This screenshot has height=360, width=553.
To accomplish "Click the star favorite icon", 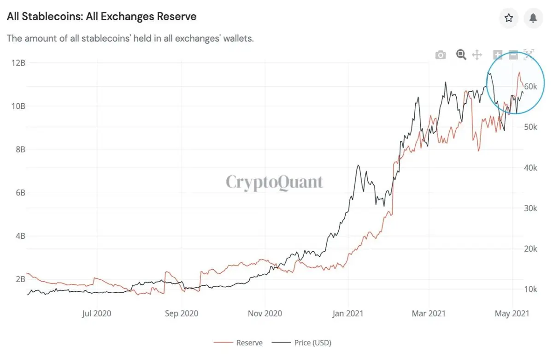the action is coord(509,18).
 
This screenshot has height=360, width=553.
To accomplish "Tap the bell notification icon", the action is coord(533,18).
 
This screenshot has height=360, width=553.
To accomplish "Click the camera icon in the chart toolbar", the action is coord(441,55).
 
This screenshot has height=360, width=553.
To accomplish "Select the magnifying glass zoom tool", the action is coord(461,54).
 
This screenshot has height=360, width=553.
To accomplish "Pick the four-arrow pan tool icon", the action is coord(477,55).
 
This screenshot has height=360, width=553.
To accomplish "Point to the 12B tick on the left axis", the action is coord(18,63).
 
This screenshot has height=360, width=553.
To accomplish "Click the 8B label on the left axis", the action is coord(20,149).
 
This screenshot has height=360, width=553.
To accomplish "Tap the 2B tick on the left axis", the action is coord(20,279).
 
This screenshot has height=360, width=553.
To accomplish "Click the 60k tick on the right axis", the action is coord(530,86).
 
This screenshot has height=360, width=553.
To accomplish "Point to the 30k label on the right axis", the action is coord(530,208).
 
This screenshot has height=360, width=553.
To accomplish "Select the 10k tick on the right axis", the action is coord(530,289).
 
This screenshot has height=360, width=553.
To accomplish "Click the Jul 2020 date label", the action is coord(96,313).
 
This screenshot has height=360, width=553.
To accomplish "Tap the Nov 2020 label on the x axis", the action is coord(265,313).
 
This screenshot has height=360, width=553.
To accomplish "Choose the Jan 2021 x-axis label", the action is coord(348,313).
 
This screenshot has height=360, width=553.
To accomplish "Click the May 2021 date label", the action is coord(512,313).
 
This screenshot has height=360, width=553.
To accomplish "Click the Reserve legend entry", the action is coord(238,342).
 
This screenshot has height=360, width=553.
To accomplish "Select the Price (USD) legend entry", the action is coord(301,342).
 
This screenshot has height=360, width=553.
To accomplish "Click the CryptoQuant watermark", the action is coord(274,182).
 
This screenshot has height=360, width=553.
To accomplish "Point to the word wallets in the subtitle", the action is coord(239,39).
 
